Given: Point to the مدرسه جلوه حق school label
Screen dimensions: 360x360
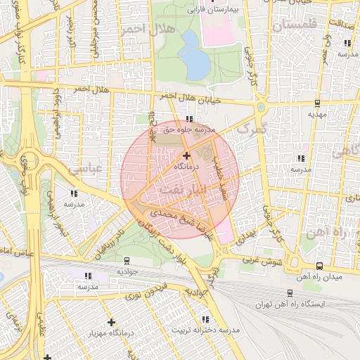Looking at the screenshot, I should pyautogui.click(x=187, y=129).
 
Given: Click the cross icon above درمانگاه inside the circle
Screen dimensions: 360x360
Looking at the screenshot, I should pyautogui.click(x=186, y=155).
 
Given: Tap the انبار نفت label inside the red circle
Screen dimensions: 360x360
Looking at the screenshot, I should pyautogui.click(x=181, y=191).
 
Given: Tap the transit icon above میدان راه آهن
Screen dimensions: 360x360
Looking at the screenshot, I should pyautogui.click(x=320, y=266).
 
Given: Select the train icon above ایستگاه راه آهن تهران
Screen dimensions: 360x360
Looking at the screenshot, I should pyautogui.click(x=290, y=293).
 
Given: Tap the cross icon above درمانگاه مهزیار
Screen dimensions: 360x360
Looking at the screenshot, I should pyautogui.click(x=111, y=322).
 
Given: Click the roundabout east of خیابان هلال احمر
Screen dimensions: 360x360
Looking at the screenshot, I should pyautogui.click(x=261, y=108).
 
